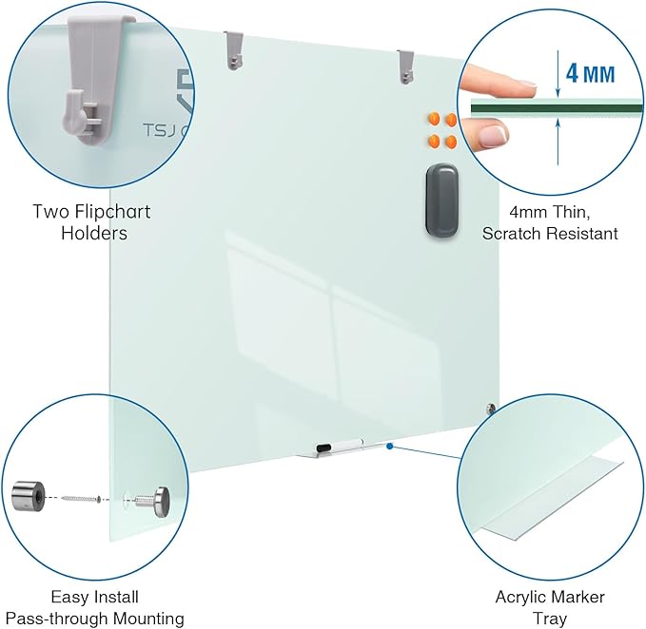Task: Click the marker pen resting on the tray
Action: click(x=338, y=444)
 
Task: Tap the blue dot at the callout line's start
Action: click(x=390, y=445)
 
